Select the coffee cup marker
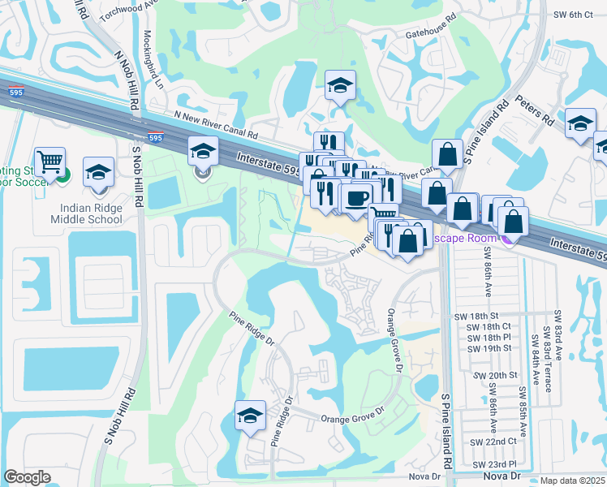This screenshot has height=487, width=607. click(x=356, y=197)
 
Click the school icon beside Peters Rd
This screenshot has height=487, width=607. click(x=580, y=123)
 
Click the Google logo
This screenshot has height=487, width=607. click(x=27, y=477)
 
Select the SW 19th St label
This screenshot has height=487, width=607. click(x=489, y=347)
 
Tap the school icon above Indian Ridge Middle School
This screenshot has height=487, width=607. click(x=98, y=172)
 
